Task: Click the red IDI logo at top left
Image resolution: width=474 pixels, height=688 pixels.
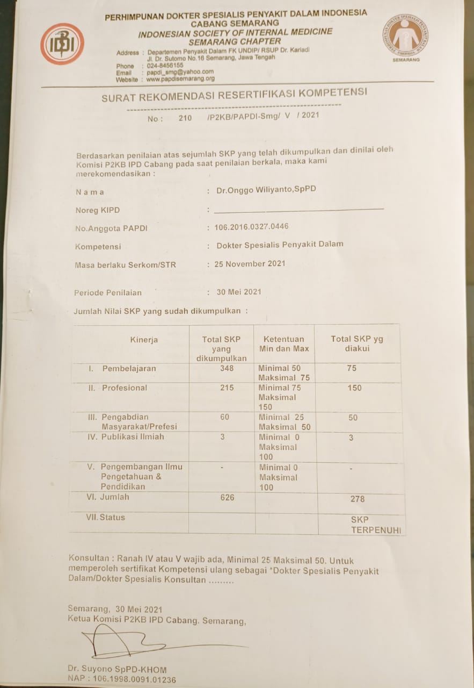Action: pos(62,44)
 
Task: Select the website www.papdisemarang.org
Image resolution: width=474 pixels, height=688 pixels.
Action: pos(180,78)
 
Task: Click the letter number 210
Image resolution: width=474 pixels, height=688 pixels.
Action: pos(185,118)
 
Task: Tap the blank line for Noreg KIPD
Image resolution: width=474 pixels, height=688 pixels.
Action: pos(298,209)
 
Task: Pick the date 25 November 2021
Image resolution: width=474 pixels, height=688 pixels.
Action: pos(250,264)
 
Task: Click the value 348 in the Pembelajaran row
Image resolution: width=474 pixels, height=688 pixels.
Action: pos(227,368)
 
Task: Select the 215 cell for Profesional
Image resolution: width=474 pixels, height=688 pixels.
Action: pos(227,388)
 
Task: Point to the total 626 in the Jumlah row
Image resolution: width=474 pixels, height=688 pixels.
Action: pos(227,497)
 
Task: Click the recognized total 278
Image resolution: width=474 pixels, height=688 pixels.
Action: pos(357,499)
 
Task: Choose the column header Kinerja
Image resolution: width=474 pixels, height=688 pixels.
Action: pos(144,340)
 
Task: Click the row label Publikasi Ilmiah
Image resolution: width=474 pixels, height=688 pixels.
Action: pos(133,437)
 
